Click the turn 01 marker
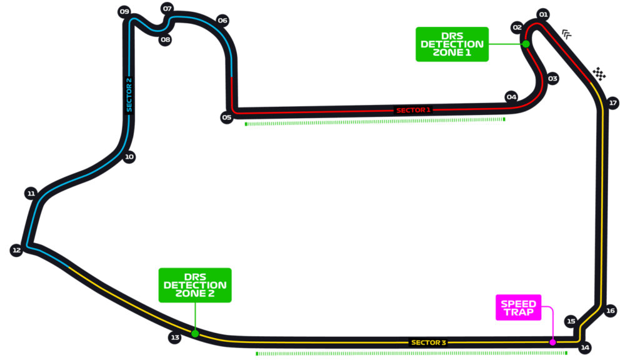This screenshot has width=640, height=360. pyautogui.click(x=543, y=15)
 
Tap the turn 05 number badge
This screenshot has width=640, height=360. pyautogui.click(x=226, y=117)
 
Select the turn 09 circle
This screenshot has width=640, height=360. pyautogui.click(x=124, y=11)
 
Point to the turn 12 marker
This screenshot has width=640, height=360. pyautogui.click(x=16, y=250)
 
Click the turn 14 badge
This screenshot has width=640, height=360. pyautogui.click(x=585, y=347)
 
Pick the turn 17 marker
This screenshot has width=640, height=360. pyautogui.click(x=612, y=103)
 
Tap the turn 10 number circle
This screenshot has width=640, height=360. pyautogui.click(x=129, y=157)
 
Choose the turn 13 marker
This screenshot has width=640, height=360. pyautogui.click(x=175, y=337)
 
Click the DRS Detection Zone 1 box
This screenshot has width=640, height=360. pyautogui.click(x=452, y=44)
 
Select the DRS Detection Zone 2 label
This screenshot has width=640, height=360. pyautogui.click(x=195, y=285)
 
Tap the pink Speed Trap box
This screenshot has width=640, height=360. pyautogui.click(x=518, y=307)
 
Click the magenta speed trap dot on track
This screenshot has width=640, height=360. pyautogui.click(x=552, y=342)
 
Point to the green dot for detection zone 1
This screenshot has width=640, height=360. pyautogui.click(x=526, y=44)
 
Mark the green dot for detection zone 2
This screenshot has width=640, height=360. pyautogui.click(x=195, y=334)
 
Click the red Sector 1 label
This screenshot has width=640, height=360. pyautogui.click(x=413, y=110)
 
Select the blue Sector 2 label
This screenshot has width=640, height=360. pyautogui.click(x=129, y=95)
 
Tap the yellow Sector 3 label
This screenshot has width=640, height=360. pyautogui.click(x=429, y=342)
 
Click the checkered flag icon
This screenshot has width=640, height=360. pyautogui.click(x=599, y=74)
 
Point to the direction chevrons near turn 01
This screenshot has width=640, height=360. pyautogui.click(x=566, y=34)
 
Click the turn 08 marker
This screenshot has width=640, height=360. pyautogui.click(x=165, y=39)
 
